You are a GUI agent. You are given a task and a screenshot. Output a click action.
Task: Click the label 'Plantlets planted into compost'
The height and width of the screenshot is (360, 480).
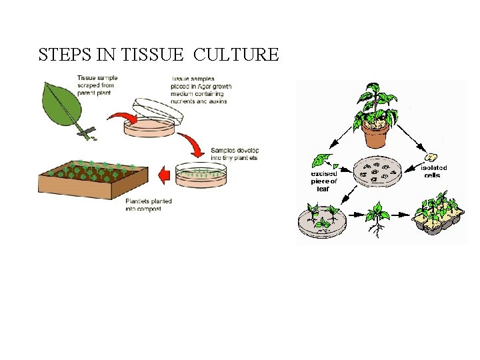pos(148,205)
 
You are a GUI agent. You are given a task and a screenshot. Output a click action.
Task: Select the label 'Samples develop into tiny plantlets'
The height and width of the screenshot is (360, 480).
pos(234,153)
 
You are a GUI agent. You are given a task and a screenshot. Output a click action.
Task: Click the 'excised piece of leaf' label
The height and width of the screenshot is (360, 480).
pos(323,181)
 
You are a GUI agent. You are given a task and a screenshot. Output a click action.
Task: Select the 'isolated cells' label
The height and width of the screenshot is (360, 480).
pos(434,171)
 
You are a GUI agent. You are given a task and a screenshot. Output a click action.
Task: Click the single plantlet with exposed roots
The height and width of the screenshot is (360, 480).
pos(378,221)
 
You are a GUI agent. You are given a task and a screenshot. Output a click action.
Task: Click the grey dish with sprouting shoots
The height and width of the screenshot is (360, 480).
pos(323,221)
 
